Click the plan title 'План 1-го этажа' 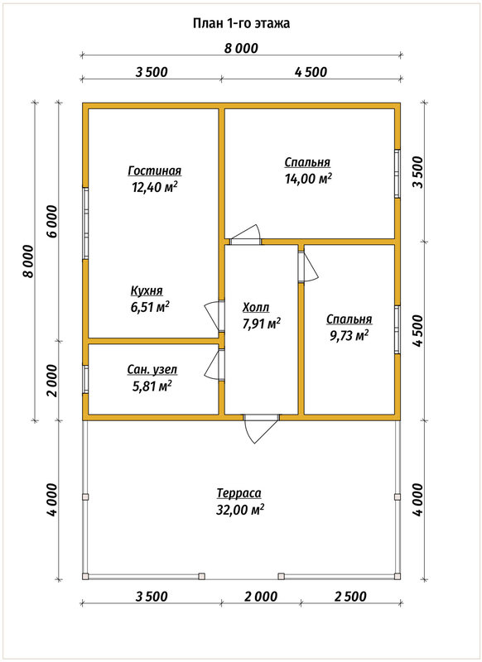pyautogui.click(x=241, y=23)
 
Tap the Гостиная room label pyautogui.click(x=155, y=170)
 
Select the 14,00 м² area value pyautogui.click(x=308, y=179)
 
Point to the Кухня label pyautogui.click(x=147, y=291)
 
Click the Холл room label pyautogui.click(x=256, y=307)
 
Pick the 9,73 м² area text pyautogui.click(x=349, y=335)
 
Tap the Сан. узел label pyautogui.click(x=152, y=370)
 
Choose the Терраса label pyautogui.click(x=239, y=492)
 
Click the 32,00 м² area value pyautogui.click(x=240, y=510)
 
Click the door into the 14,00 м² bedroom pyautogui.click(x=246, y=235)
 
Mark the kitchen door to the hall pyautogui.click(x=214, y=316)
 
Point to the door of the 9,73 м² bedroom pyautogui.click(x=308, y=266)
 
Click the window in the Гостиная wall pyautogui.click(x=85, y=223)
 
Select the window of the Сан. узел pyautogui.click(x=85, y=379)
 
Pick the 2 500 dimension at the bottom pyautogui.click(x=350, y=596)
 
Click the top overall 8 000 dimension pyautogui.click(x=241, y=48)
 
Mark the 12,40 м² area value pyautogui.click(x=154, y=187)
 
